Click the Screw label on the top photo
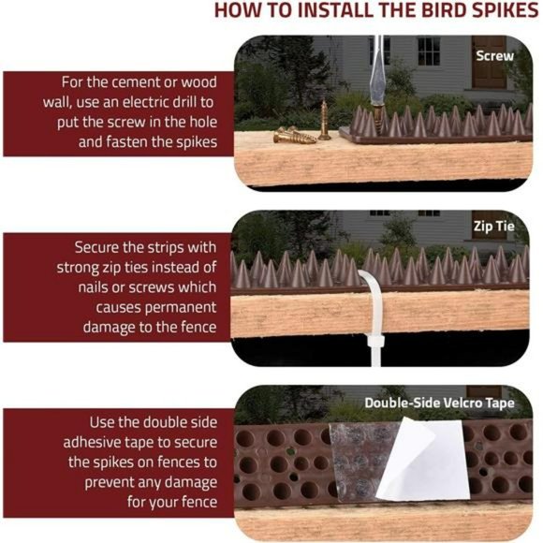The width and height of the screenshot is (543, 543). coord(494,55)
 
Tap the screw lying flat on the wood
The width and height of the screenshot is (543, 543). coord(293,137)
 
